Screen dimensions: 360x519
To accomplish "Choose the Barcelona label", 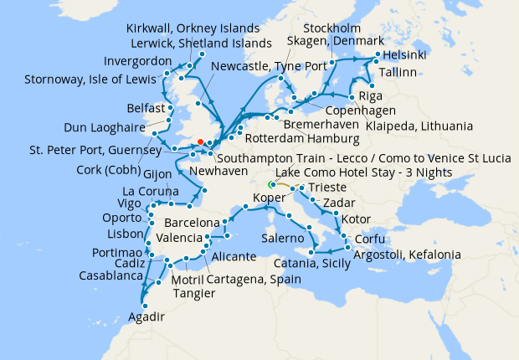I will coord(192,224).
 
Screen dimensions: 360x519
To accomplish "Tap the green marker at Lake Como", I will coord(270,184).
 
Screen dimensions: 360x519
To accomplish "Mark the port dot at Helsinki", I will coord(378,54).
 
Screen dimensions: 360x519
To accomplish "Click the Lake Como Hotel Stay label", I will coord(364,172).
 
